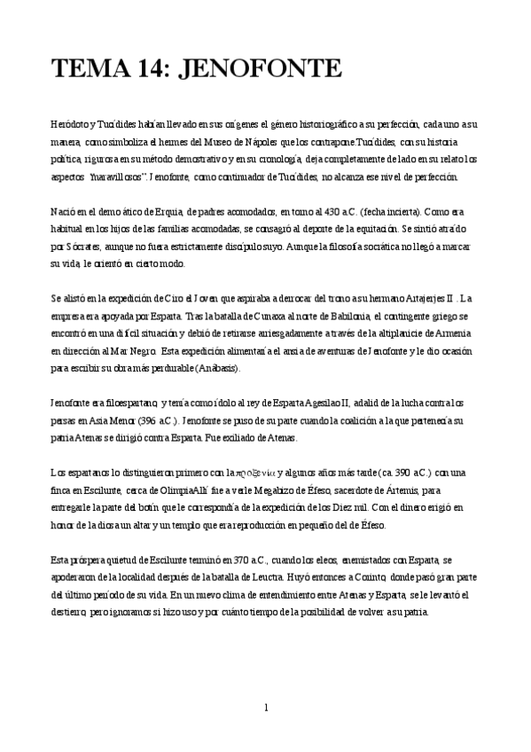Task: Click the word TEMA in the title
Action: point(89,68)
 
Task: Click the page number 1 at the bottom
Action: point(266,708)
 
